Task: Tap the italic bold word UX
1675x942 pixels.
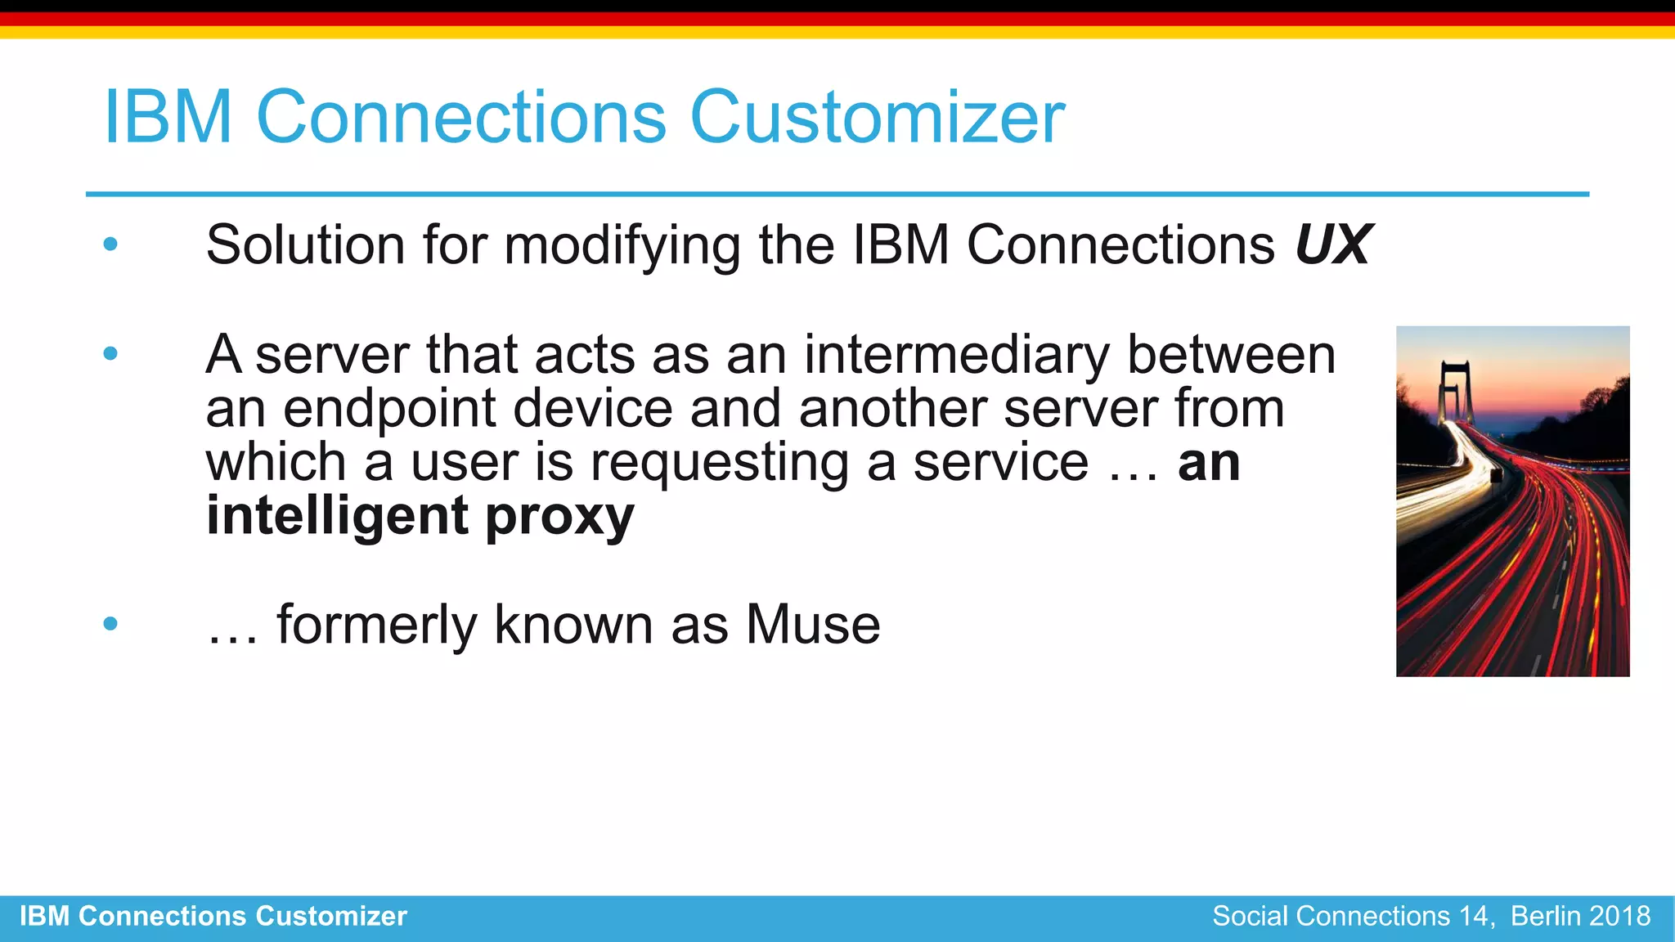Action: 1333,244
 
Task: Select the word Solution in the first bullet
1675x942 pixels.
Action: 305,244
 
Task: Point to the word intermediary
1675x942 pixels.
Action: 956,355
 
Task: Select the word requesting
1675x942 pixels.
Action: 719,462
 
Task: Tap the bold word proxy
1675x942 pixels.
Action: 559,516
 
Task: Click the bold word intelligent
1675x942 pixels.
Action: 338,516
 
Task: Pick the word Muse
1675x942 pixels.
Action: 813,625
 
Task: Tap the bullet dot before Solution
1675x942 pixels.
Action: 110,244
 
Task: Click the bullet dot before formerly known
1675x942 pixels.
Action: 110,624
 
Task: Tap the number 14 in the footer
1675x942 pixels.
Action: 1475,916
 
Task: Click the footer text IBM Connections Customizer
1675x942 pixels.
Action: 213,916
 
